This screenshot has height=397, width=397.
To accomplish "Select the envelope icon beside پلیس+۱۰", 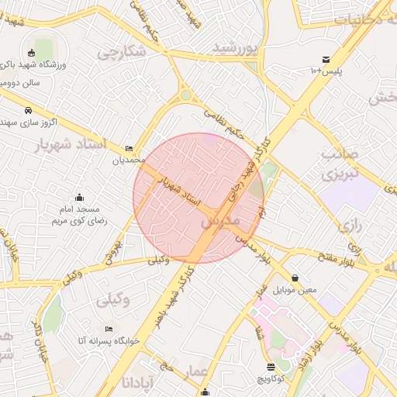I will [x=326, y=60].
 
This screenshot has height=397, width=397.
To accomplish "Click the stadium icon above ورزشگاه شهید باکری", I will [x=31, y=53].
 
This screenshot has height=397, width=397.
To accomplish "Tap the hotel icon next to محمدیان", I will [x=129, y=148].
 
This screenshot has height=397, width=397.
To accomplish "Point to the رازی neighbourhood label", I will [x=349, y=227].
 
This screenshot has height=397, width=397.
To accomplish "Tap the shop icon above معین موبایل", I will [x=295, y=278].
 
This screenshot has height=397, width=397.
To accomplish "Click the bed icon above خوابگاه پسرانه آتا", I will [x=108, y=328].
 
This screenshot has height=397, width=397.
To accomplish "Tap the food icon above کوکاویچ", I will [x=271, y=367].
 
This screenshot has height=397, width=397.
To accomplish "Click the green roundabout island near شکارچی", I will [x=186, y=96].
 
